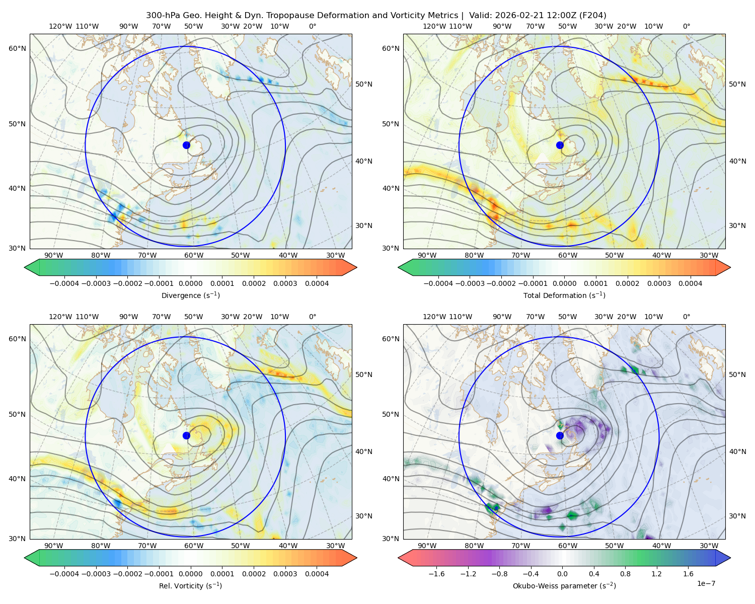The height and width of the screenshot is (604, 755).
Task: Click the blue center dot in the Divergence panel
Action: pyautogui.click(x=186, y=145)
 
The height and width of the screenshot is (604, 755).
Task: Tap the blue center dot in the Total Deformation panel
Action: pyautogui.click(x=560, y=145)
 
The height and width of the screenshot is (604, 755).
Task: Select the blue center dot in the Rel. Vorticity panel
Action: pyautogui.click(x=186, y=435)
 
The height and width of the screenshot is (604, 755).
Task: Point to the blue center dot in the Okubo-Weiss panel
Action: pyautogui.click(x=560, y=435)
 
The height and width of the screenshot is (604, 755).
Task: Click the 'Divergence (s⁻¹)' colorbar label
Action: pyautogui.click(x=190, y=295)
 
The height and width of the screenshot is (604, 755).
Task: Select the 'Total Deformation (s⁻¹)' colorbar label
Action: pyautogui.click(x=564, y=295)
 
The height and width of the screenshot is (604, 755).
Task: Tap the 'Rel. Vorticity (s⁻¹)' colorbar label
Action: pyautogui.click(x=190, y=585)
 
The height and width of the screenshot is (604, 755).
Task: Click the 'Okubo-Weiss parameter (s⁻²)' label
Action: pyautogui.click(x=564, y=585)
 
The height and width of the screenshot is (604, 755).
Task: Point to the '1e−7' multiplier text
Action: pyautogui.click(x=706, y=583)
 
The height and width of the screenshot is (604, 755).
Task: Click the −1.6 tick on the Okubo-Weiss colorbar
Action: pyautogui.click(x=436, y=574)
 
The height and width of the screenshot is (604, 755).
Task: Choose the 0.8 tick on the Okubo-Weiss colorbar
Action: pyautogui.click(x=625, y=574)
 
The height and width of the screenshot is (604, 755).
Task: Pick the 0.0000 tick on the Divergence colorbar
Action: pyautogui.click(x=190, y=283)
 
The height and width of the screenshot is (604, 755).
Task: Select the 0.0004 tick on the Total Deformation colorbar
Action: pyautogui.click(x=690, y=283)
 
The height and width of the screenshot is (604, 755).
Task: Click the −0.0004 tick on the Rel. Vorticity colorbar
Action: pyautogui.click(x=64, y=574)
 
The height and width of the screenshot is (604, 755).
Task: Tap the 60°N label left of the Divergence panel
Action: pyautogui.click(x=17, y=48)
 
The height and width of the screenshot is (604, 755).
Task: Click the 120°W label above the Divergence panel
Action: pyautogui.click(x=60, y=26)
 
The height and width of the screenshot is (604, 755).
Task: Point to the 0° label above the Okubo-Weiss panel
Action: pyautogui.click(x=686, y=317)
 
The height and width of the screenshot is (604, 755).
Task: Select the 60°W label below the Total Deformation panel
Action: pyautogui.click(x=567, y=255)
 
